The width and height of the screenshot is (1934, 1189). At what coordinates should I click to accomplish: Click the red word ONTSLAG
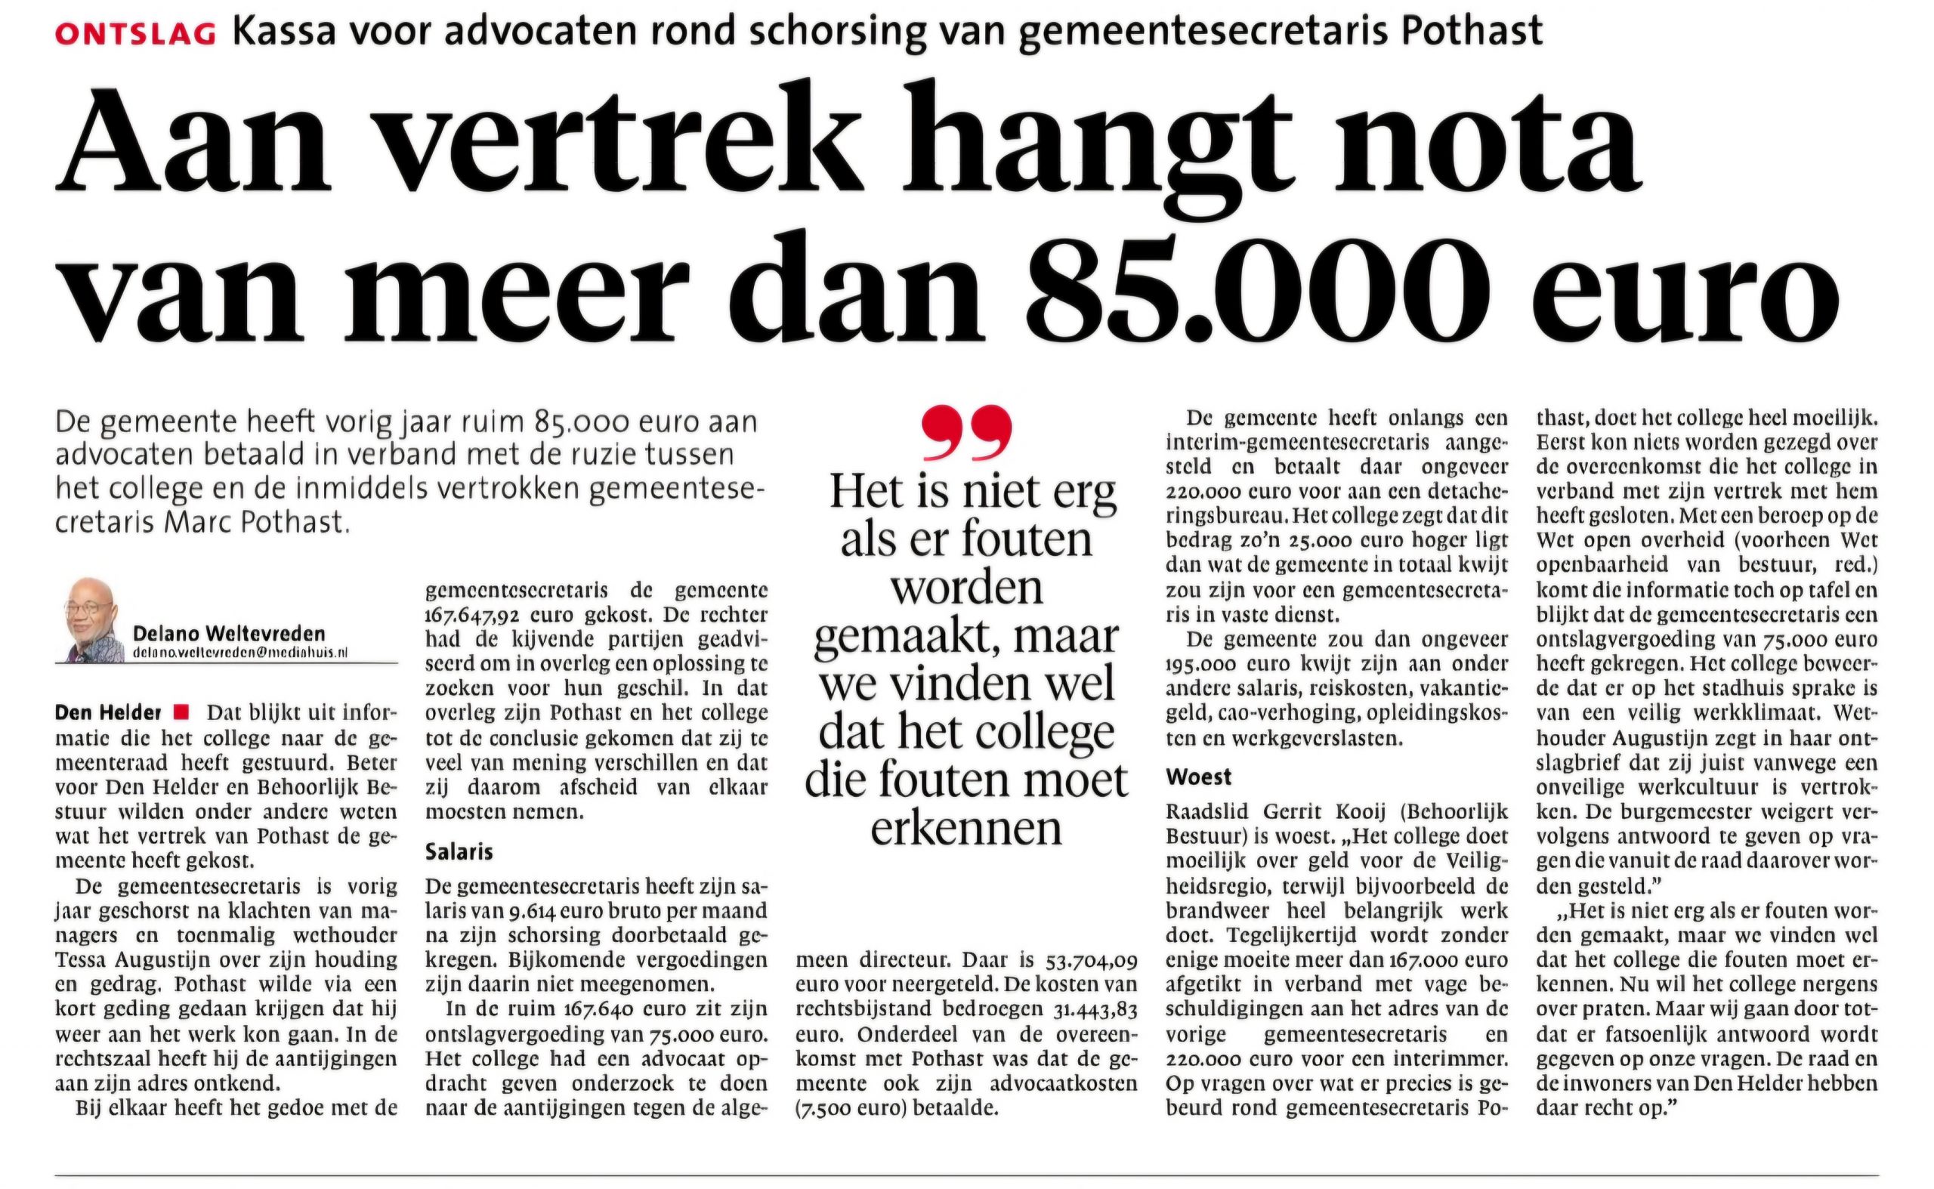pos(135,33)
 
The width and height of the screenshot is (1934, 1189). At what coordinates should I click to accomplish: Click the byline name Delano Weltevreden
pos(229,634)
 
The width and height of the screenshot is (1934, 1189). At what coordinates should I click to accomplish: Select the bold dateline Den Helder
pos(108,713)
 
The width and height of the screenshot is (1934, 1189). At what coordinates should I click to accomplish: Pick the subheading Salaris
pos(459,851)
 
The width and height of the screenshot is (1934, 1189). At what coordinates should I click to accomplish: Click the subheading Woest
pos(1199,777)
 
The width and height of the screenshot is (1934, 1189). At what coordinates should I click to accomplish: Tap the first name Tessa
pos(85,959)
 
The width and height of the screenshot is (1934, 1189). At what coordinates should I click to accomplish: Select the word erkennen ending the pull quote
pos(965,829)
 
